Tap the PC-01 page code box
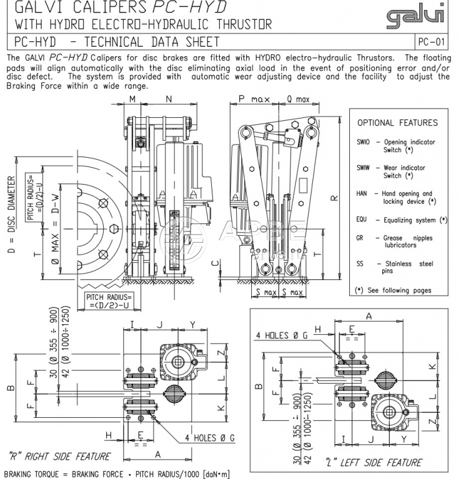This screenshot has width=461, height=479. tap(433, 42)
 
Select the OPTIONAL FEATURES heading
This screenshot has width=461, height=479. tap(397, 123)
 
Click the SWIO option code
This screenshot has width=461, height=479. tap(363, 142)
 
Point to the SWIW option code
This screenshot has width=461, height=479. tap(364, 168)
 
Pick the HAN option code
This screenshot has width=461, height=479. tap(362, 194)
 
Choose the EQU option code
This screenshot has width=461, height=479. tap(362, 220)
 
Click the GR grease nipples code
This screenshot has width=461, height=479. tap(360, 238)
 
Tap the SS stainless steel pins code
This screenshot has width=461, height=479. tap(360, 264)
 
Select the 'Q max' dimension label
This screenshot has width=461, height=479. tap(297, 99)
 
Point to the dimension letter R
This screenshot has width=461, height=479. tap(334, 198)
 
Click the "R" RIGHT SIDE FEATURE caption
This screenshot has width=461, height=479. tap(59, 457)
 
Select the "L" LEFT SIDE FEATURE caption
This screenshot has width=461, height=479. tap(374, 463)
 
